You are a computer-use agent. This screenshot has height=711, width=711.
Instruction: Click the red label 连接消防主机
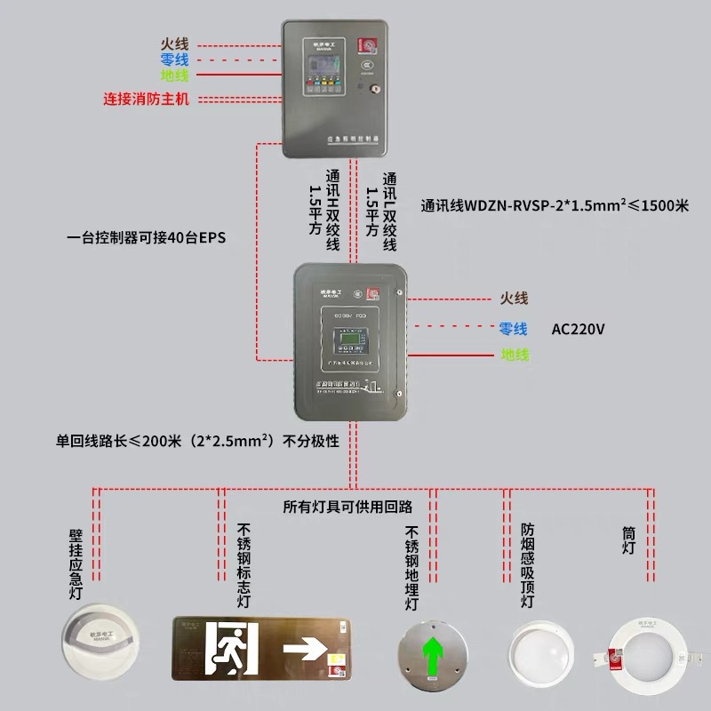[146, 99]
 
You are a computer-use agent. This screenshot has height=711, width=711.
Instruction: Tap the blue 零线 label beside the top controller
[174, 60]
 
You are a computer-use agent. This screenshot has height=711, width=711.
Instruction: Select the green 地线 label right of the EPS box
[514, 355]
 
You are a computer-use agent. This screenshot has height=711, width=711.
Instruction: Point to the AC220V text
[579, 329]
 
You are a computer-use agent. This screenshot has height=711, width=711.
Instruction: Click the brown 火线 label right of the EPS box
[514, 299]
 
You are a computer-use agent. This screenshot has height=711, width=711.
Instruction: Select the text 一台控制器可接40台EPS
[141, 237]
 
